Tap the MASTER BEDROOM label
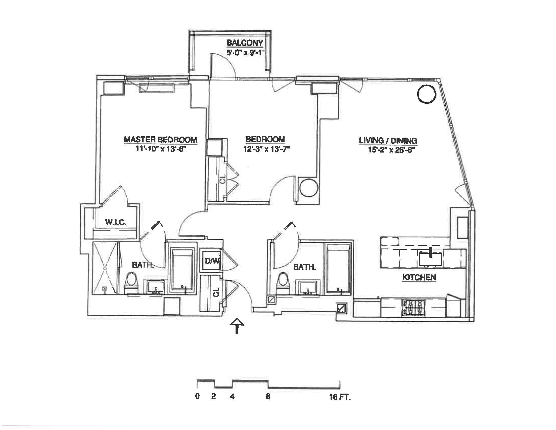(160, 140)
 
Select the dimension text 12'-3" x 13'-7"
(267, 149)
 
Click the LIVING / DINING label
(388, 141)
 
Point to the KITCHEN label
(419, 277)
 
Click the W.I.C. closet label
(116, 222)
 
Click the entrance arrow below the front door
(237, 326)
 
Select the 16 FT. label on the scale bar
(340, 397)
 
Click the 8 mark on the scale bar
(268, 396)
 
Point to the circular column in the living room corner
(427, 94)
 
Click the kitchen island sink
(430, 259)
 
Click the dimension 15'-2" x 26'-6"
(389, 150)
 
